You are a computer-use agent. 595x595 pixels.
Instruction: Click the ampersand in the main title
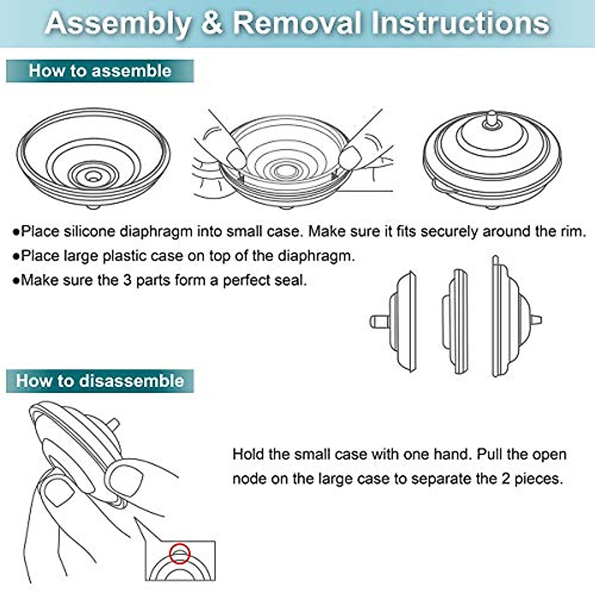(212, 23)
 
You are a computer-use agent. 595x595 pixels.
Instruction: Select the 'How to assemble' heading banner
(100, 71)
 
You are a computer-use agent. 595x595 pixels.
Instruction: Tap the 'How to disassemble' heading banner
(100, 381)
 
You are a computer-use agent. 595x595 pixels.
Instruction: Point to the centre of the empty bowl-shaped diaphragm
(92, 176)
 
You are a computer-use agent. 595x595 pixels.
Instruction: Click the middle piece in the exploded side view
(455, 321)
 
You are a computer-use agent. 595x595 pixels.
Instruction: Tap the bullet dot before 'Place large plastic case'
(16, 256)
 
